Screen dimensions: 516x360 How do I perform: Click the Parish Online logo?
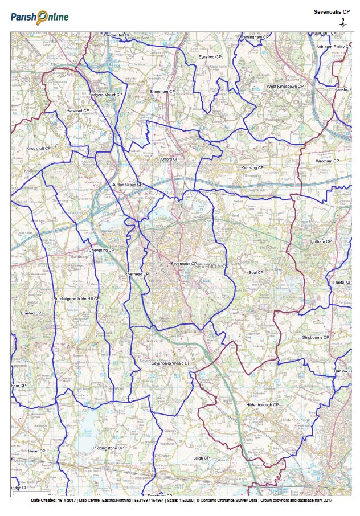[39, 17]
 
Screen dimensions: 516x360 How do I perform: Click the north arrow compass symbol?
[342, 23]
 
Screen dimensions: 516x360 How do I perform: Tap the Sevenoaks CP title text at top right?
[332, 11]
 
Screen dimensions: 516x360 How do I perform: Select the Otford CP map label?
[170, 159]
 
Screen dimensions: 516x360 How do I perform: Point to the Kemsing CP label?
[252, 168]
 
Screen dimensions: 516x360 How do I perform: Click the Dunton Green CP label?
[126, 185]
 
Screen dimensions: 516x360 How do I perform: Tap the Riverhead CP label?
[137, 274]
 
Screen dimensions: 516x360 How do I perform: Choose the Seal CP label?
[256, 273]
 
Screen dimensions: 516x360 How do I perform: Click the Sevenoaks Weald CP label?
[171, 363]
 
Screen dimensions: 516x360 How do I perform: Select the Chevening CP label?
[102, 250]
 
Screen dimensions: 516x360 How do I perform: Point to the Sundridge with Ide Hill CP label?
[76, 298]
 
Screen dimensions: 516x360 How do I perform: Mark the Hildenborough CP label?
[262, 404]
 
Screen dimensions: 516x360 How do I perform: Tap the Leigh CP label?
[202, 458]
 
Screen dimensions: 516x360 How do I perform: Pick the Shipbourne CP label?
[317, 337]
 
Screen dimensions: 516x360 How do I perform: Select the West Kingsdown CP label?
[286, 86]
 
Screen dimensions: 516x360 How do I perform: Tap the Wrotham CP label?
[327, 161]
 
